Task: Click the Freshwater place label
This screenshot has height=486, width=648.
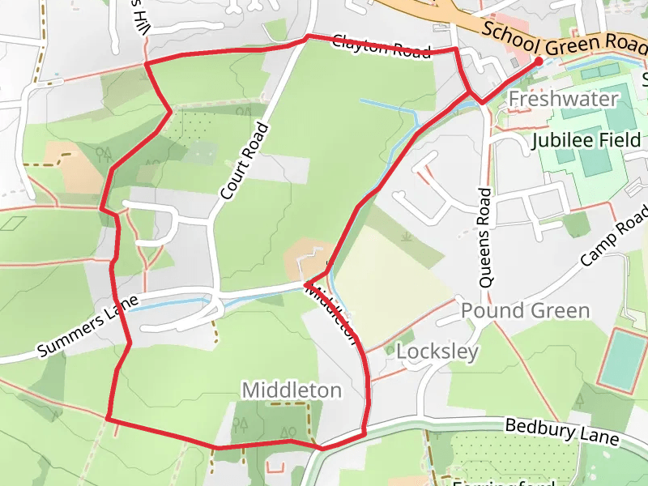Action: pyautogui.click(x=563, y=100)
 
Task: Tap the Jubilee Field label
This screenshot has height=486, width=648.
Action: pyautogui.click(x=586, y=140)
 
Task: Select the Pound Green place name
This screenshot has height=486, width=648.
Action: pyautogui.click(x=526, y=311)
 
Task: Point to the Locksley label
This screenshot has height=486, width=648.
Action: pyautogui.click(x=437, y=352)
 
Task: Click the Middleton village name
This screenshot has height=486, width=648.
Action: pyautogui.click(x=292, y=390)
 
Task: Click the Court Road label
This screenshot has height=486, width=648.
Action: pyautogui.click(x=243, y=161)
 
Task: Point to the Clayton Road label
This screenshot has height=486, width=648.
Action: pyautogui.click(x=381, y=47)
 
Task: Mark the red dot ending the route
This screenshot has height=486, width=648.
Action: pyautogui.click(x=539, y=62)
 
